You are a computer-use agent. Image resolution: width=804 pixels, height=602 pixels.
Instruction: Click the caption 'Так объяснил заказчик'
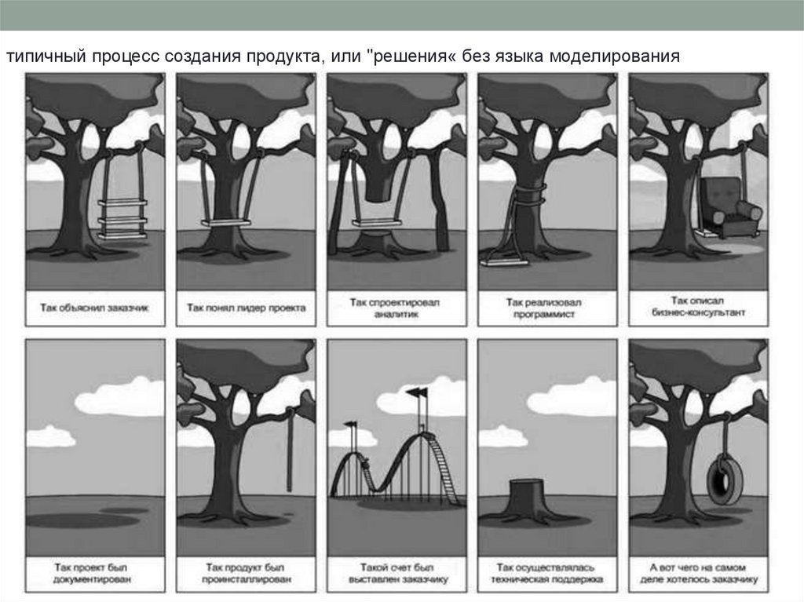pyautogui.click(x=94, y=308)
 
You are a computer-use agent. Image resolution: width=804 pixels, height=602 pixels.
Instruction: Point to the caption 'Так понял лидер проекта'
pyautogui.click(x=246, y=308)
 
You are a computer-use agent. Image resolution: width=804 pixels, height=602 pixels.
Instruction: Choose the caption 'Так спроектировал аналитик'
pyautogui.click(x=396, y=307)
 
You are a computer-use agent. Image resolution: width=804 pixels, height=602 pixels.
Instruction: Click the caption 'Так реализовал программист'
pyautogui.click(x=546, y=307)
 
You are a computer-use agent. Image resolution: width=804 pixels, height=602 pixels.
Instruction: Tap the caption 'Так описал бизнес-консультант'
pyautogui.click(x=698, y=306)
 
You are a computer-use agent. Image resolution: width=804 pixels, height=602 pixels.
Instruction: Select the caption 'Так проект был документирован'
pyautogui.click(x=94, y=573)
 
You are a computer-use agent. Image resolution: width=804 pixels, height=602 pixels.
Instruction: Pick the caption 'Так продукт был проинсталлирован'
pyautogui.click(x=246, y=573)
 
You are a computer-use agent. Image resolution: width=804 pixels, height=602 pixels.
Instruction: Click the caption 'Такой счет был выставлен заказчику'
pyautogui.click(x=396, y=573)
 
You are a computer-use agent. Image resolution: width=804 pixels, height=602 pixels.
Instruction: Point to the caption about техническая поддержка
pyautogui.click(x=546, y=573)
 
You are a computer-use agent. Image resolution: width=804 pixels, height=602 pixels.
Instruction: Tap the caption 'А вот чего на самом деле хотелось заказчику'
pyautogui.click(x=698, y=573)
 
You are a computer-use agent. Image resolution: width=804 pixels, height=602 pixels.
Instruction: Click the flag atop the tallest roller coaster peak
pyautogui.click(x=415, y=392)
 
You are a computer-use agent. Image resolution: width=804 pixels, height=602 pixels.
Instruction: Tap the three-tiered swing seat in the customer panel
pyautogui.click(x=122, y=217)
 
